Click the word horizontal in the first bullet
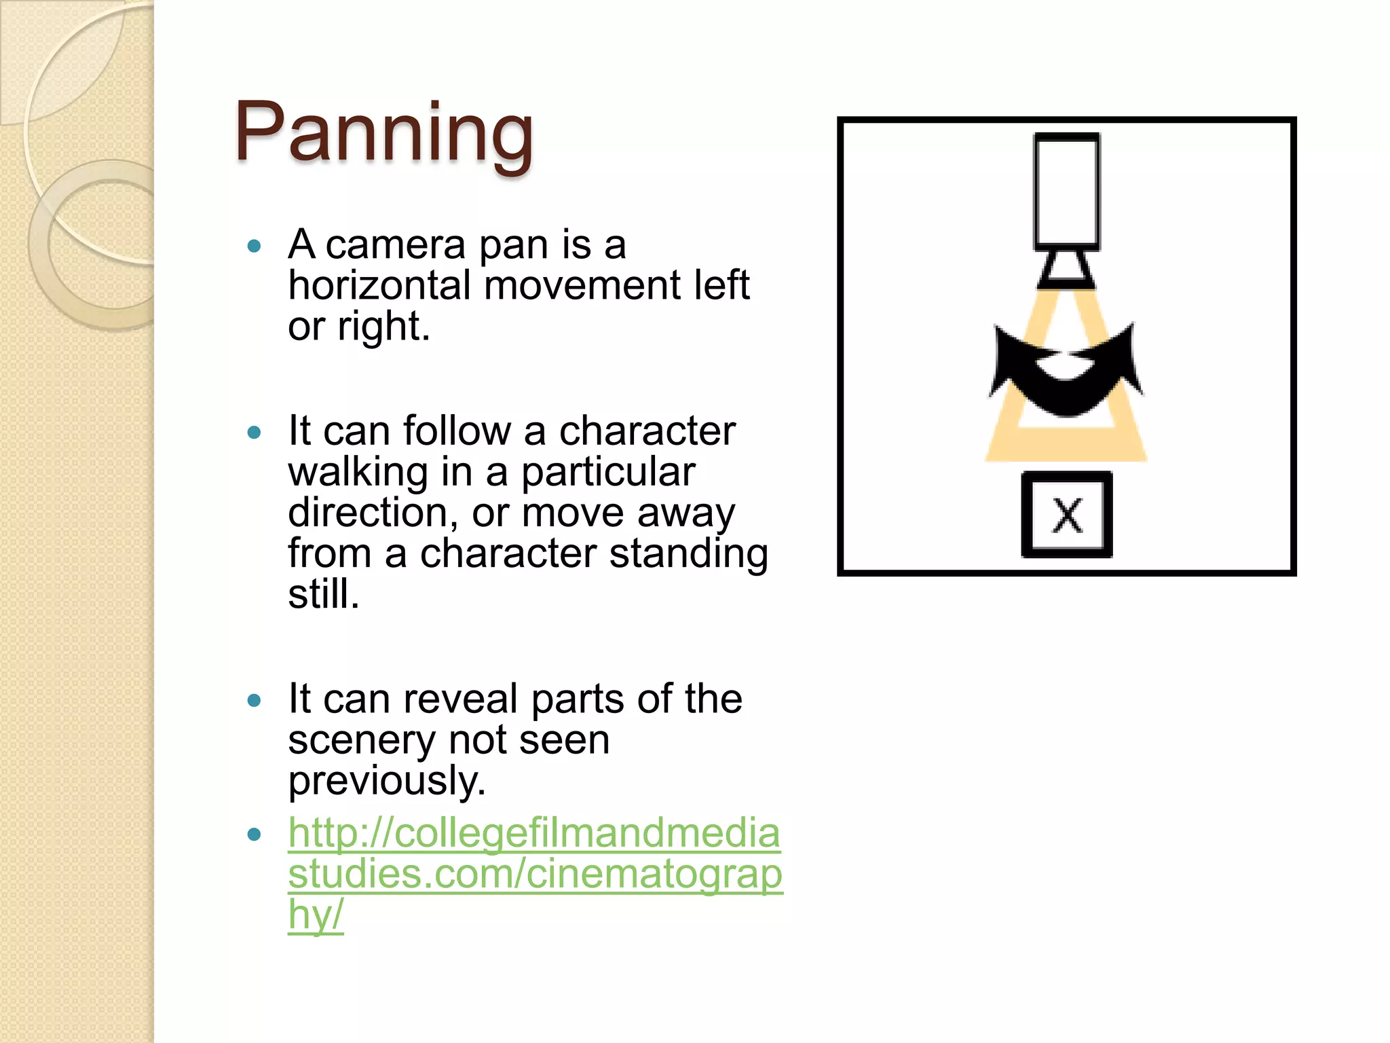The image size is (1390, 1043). pyautogui.click(x=379, y=285)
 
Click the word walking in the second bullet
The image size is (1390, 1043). pyautogui.click(x=358, y=472)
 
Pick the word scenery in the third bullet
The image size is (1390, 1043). pyautogui.click(x=361, y=739)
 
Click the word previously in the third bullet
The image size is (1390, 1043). pyautogui.click(x=386, y=781)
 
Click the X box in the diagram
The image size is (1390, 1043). pyautogui.click(x=1066, y=515)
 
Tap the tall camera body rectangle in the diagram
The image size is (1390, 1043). pyautogui.click(x=1066, y=191)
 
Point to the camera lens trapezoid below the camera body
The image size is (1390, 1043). pyautogui.click(x=1066, y=270)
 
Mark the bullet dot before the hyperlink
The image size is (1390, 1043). pyautogui.click(x=255, y=835)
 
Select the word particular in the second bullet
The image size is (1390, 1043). pyautogui.click(x=608, y=472)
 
